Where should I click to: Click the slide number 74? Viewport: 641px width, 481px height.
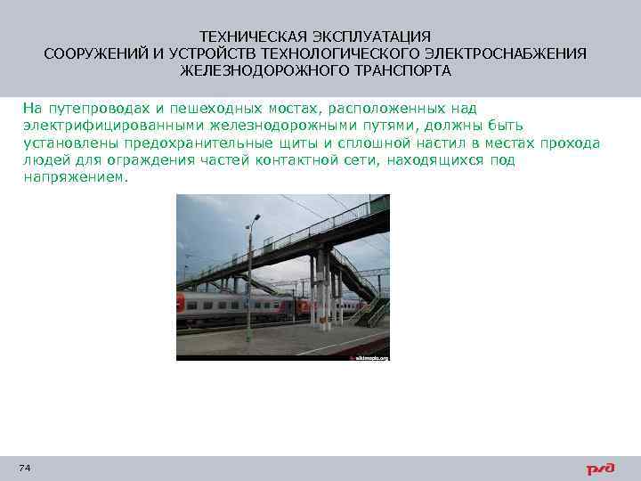coord(24,468)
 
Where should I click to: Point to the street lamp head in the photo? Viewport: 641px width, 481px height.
coord(256,216)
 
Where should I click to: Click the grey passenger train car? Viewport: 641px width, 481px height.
coord(240,306)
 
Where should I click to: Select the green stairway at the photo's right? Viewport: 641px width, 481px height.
coord(372,309)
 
